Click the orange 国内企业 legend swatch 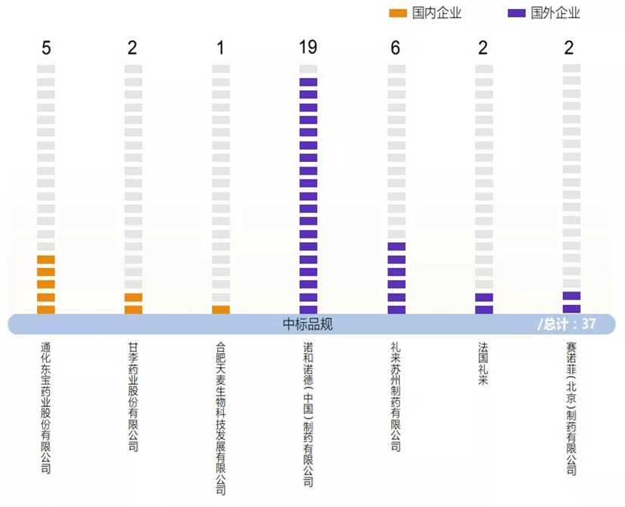(397, 14)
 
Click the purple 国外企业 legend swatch (517, 14)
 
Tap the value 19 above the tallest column (308, 48)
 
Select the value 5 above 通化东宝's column (46, 48)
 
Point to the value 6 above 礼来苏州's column (396, 48)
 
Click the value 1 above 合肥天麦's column (220, 48)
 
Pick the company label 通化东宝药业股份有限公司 (46, 408)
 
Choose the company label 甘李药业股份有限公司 (134, 397)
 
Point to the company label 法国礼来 (484, 363)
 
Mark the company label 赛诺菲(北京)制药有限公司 (571, 408)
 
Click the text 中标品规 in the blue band (308, 325)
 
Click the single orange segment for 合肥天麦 (221, 309)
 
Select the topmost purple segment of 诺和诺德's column (308, 82)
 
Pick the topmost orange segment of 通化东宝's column (46, 260)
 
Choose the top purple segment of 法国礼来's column (484, 297)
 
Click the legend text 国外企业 (556, 14)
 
